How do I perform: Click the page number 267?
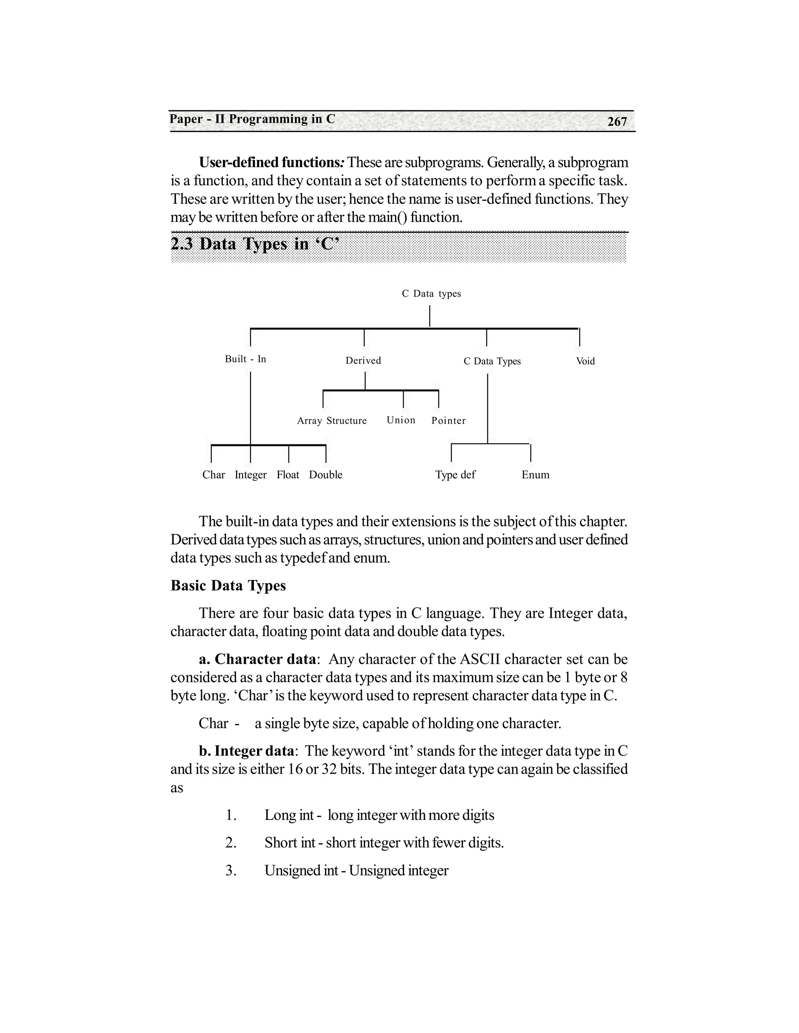coord(617,122)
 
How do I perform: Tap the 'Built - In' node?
coord(245,359)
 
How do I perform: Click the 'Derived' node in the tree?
coord(363,361)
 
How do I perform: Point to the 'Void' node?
coord(585,361)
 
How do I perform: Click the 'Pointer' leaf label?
coord(448,421)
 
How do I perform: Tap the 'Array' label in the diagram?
coord(309,421)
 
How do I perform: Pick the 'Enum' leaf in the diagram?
coord(535,474)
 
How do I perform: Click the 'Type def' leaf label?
coord(455,474)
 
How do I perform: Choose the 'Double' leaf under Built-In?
coord(326,474)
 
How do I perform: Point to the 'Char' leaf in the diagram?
coord(213,474)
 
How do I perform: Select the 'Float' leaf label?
coord(288,474)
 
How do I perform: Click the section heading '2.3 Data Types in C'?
coord(255,244)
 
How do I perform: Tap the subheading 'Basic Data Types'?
coord(228,585)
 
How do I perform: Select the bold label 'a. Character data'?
coord(257,659)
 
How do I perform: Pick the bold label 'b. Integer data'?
coord(246,751)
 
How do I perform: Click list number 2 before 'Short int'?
coord(231,842)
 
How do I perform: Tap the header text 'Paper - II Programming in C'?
coord(252,119)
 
